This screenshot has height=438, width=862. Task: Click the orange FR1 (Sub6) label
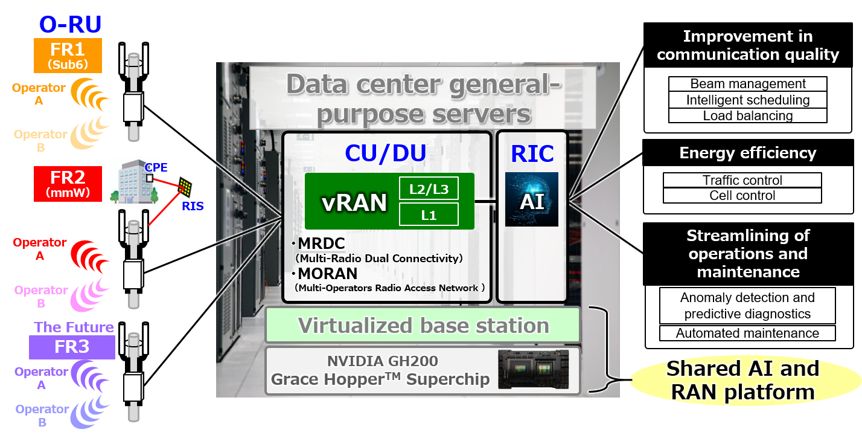(67, 56)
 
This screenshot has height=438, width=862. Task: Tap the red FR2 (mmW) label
(67, 184)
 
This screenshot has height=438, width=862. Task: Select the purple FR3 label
(72, 347)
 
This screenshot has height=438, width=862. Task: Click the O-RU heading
(70, 24)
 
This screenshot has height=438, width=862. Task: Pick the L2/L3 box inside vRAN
(429, 188)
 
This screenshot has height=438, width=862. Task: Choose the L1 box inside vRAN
(429, 214)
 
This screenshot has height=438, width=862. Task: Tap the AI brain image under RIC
(531, 199)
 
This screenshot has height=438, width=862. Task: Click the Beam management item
(747, 84)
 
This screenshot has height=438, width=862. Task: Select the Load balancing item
(747, 115)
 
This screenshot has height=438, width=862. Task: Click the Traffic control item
(742, 180)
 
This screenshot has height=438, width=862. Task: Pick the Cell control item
(742, 196)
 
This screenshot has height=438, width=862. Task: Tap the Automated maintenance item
(747, 333)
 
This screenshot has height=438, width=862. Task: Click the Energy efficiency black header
(747, 153)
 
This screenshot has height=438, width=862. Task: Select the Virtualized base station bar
(423, 326)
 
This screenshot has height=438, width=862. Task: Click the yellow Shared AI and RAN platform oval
(742, 380)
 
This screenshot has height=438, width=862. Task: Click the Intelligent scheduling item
(747, 100)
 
